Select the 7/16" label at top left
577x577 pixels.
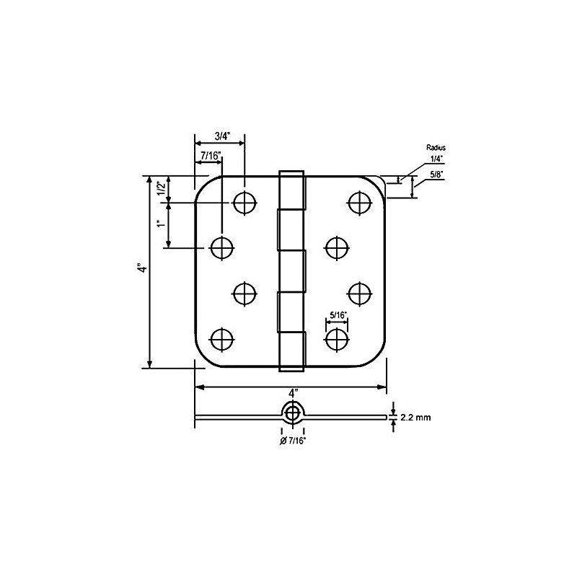tap(210, 155)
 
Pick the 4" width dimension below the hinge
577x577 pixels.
tap(292, 394)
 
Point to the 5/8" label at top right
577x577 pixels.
tap(436, 173)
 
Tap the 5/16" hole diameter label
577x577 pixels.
tap(338, 314)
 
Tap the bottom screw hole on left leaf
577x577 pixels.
tap(222, 338)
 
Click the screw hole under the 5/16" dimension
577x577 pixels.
tap(337, 338)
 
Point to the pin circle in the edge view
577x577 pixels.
tap(292, 413)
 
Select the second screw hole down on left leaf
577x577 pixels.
tap(222, 247)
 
